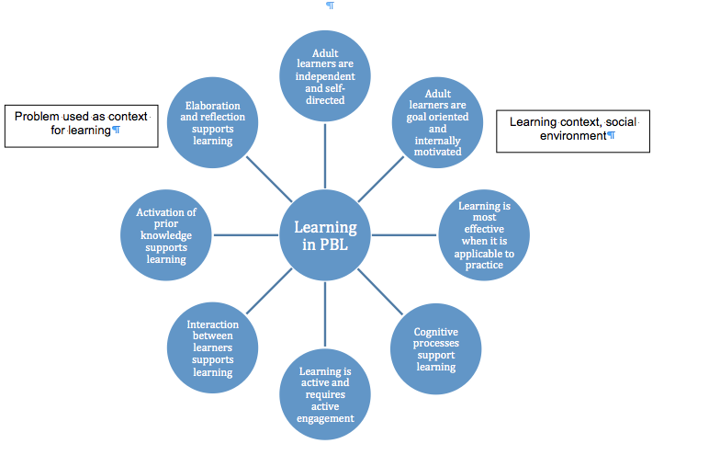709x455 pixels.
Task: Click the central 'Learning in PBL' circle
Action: [x=325, y=234]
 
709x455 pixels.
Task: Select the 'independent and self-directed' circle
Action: [x=327, y=75]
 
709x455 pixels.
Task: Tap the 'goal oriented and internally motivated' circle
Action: [x=438, y=123]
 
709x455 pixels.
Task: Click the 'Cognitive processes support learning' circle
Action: [x=436, y=347]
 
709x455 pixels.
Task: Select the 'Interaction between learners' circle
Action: [x=213, y=347]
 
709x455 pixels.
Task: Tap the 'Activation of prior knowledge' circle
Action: [x=166, y=235]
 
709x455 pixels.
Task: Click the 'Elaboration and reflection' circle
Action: [x=213, y=123]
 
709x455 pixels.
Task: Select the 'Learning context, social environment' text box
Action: [x=573, y=130]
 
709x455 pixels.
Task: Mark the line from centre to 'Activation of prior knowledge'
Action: [x=247, y=235]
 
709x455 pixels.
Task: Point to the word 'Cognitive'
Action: [x=436, y=332]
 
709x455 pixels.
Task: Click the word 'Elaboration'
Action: [x=213, y=106]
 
